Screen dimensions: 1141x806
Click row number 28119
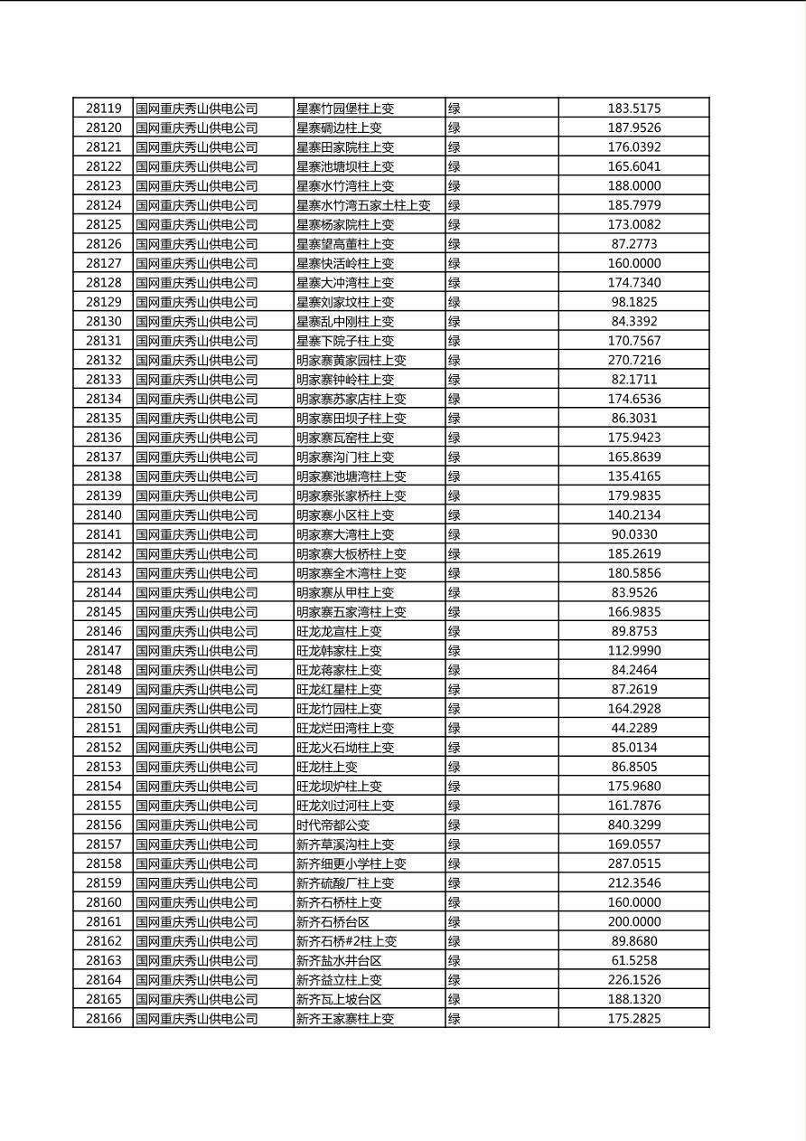103,108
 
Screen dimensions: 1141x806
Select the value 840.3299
633,825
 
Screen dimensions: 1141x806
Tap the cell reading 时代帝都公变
333,825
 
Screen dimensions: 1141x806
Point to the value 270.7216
633,361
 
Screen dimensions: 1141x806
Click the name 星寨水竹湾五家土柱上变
363,205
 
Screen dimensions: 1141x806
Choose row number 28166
103,1019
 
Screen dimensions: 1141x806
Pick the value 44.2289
633,729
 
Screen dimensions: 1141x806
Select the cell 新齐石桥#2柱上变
346,941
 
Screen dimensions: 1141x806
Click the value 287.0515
633,864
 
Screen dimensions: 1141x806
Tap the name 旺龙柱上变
327,767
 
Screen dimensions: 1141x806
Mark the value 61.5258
633,961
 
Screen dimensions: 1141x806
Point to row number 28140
103,515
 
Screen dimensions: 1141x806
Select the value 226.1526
633,980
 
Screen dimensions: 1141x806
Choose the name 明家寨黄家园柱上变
351,361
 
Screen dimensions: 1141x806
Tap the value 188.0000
633,186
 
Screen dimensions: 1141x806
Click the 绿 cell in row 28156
455,825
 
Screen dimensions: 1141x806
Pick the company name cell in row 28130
197,322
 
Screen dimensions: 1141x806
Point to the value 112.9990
633,651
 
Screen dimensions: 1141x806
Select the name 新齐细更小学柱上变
351,864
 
